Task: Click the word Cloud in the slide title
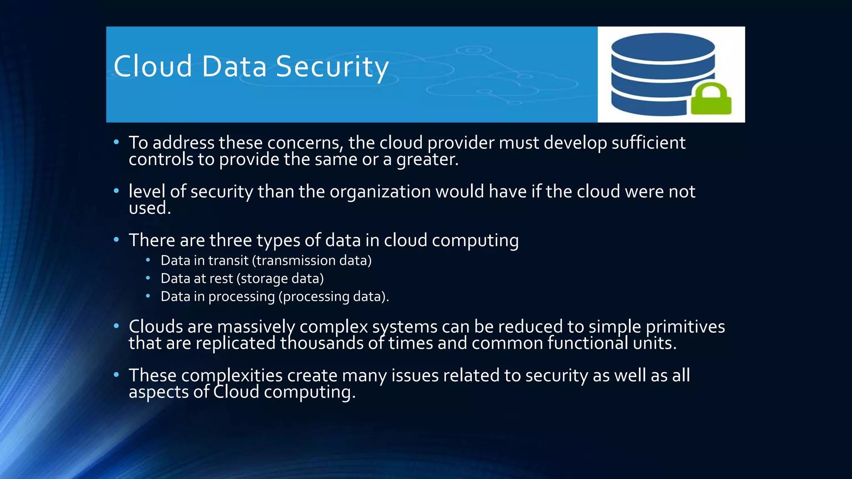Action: coord(153,67)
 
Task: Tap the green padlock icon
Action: coord(711,99)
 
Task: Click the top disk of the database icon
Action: coord(663,47)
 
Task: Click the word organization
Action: coord(380,192)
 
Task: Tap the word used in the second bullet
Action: coord(149,208)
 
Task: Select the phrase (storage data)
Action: coord(280,279)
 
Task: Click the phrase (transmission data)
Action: coord(312,261)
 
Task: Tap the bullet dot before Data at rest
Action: coord(148,278)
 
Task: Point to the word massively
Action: coord(256,327)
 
